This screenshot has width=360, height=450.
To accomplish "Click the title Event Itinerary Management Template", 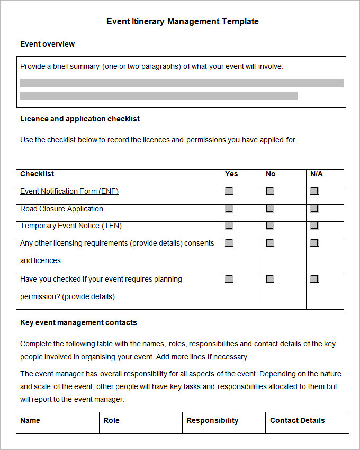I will coord(182,22).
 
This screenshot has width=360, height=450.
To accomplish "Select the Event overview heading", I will coord(47,44).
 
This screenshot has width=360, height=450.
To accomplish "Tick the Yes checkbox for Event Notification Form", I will coord(229,191).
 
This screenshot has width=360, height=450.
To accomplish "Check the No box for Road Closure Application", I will coord(270,209).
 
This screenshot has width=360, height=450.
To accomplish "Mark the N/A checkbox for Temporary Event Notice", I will coord(314,226).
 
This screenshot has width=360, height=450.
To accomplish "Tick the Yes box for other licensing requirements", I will coord(229,243).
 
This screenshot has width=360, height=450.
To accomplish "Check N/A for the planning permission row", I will coord(314,279).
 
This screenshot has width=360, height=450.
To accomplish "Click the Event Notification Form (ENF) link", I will coord(69,191).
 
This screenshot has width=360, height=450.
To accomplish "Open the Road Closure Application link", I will coord(61,209).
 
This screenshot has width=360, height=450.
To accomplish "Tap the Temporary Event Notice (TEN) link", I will coord(71,226).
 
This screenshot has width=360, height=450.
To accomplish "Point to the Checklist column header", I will coord(37,174).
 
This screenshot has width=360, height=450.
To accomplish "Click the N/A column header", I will coord(316,174).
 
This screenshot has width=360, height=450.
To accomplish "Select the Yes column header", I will coord(231,174).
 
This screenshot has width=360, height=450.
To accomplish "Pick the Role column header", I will coord(111,420).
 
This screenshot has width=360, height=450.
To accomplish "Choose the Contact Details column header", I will coord(297,420).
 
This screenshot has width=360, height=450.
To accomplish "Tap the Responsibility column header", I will coord(212,420).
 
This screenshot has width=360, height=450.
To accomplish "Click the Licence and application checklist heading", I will coord(80,119).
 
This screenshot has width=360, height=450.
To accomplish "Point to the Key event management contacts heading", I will coord(78,322).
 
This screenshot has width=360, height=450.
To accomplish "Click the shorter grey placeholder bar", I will coord(159,96).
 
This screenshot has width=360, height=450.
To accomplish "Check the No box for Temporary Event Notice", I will coord(270,226).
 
